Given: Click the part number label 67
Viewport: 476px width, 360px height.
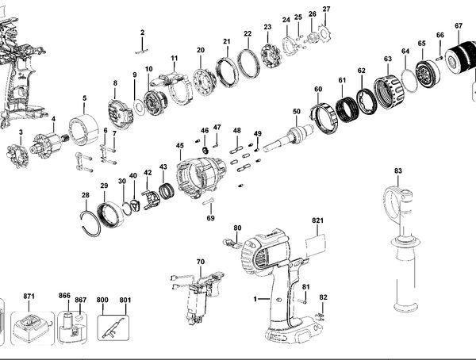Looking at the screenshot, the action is click(x=459, y=26).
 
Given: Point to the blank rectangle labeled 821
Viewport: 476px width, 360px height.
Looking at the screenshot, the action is click(x=316, y=245).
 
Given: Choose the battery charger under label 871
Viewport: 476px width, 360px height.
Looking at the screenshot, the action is click(x=33, y=327).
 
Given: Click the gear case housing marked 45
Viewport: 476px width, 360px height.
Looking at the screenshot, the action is click(x=202, y=178).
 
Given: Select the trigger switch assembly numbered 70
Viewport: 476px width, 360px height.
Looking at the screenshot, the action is click(x=198, y=297).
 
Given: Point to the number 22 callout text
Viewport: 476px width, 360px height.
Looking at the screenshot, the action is click(x=248, y=33).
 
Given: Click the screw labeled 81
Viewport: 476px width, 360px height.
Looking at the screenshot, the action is click(x=302, y=301).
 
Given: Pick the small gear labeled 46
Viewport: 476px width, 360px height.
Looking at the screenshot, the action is click(x=205, y=150).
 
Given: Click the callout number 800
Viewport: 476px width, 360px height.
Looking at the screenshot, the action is click(x=102, y=300).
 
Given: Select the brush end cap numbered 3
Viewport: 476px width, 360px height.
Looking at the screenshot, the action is click(x=17, y=156).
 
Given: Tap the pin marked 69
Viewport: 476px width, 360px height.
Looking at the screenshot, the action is click(x=209, y=201).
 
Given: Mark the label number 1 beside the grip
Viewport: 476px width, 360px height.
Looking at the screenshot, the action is click(x=255, y=299).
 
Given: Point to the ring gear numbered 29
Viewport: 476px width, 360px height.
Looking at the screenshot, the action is click(x=110, y=215).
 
